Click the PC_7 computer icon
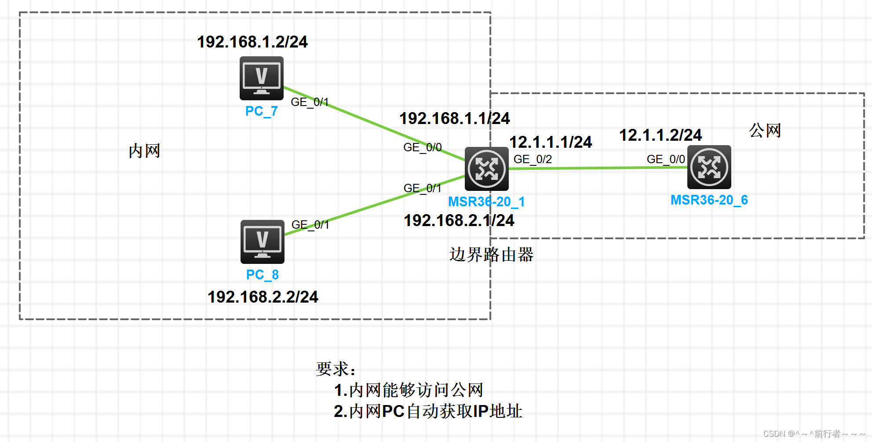(x=261, y=78)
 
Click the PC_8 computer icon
(x=262, y=241)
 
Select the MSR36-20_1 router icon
(x=486, y=168)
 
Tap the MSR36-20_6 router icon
(x=709, y=167)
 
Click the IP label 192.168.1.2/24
(x=252, y=42)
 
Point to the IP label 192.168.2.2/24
(x=263, y=297)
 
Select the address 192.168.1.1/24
(x=454, y=118)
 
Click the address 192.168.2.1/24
(x=459, y=220)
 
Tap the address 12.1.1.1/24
(x=551, y=142)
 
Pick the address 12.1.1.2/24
(x=660, y=135)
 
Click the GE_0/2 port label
(x=533, y=159)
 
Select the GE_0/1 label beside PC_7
(x=310, y=102)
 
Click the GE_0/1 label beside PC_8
(x=310, y=225)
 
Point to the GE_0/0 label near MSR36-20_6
(x=666, y=159)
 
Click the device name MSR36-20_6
(x=709, y=200)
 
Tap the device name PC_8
(x=262, y=275)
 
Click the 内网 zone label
(x=144, y=151)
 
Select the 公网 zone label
(x=765, y=131)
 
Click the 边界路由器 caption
(x=491, y=255)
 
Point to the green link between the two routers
(x=598, y=168)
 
